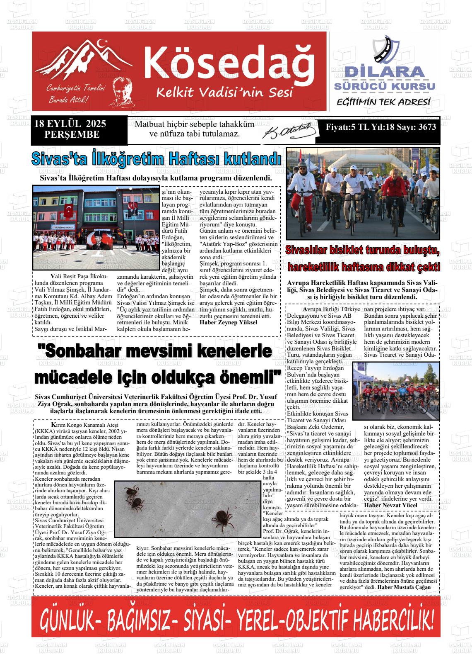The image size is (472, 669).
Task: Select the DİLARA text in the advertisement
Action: coord(385,71)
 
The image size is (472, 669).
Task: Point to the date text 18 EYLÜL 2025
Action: coord(70,124)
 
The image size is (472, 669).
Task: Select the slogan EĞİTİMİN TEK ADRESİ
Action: coord(384,102)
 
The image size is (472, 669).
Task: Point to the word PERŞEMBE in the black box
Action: coord(72,134)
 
